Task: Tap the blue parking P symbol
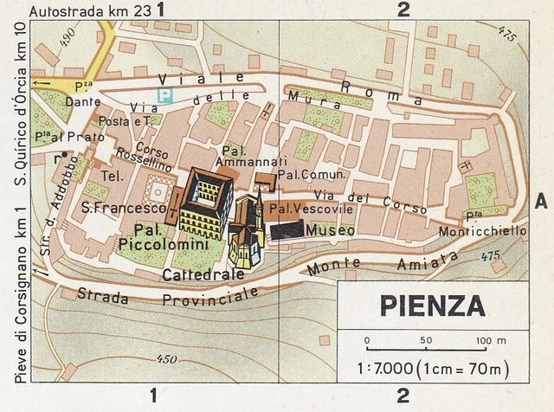163,91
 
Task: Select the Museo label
334,231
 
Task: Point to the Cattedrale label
198,275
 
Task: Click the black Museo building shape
286,229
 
